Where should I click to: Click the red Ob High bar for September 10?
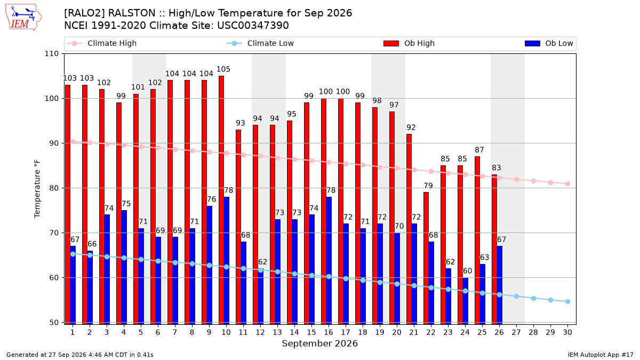point(221,200)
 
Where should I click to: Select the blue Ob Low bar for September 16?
point(329,261)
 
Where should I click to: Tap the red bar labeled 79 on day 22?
point(426,258)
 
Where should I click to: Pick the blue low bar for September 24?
point(465,301)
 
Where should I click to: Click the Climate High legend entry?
point(102,43)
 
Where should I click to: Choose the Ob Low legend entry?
point(549,43)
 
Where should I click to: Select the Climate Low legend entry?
point(260,43)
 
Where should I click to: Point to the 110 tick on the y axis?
point(51,54)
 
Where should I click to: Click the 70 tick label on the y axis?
point(54,233)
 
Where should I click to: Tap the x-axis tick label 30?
point(567,332)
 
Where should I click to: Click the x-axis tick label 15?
point(311,332)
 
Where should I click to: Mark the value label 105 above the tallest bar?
point(223,69)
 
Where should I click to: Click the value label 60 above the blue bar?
point(467,271)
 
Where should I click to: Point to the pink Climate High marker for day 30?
point(567,183)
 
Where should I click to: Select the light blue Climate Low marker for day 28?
point(533,298)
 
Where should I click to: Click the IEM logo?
point(23,17)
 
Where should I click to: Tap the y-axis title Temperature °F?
point(37,189)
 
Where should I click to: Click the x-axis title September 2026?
point(319,343)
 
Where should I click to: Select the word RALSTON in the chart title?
point(132,13)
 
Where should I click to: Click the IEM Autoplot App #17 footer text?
point(601,355)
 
